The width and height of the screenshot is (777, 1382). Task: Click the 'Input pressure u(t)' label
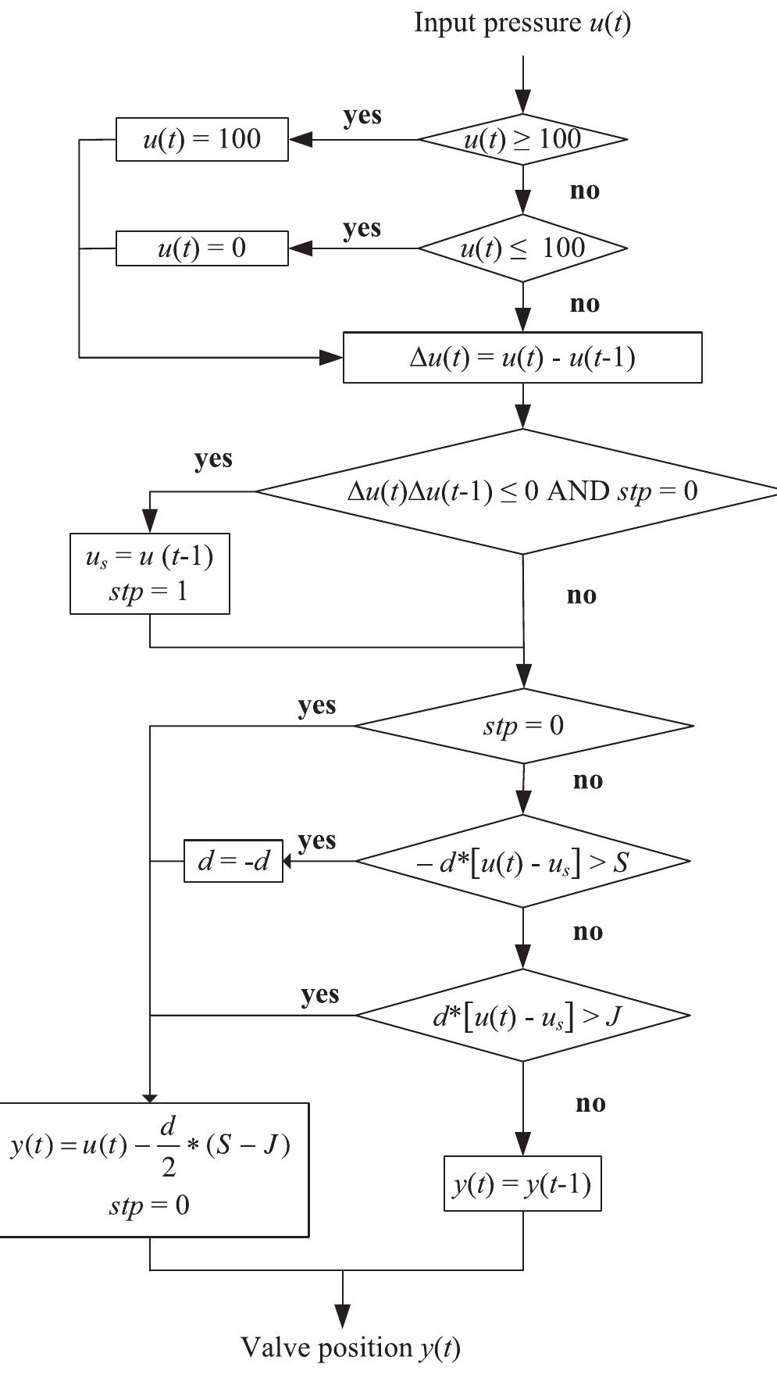pyautogui.click(x=522, y=23)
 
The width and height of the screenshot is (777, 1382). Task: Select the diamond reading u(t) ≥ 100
pyautogui.click(x=522, y=140)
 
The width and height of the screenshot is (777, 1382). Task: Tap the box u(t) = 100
pyautogui.click(x=201, y=139)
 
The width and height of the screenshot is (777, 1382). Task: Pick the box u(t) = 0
pyautogui.click(x=201, y=248)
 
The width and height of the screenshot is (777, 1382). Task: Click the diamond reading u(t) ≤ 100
pyautogui.click(x=522, y=248)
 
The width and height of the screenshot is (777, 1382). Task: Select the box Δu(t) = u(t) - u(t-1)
pyautogui.click(x=522, y=358)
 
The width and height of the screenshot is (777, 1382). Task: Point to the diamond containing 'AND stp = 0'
pyautogui.click(x=522, y=491)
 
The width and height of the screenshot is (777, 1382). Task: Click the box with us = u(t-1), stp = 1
pyautogui.click(x=150, y=574)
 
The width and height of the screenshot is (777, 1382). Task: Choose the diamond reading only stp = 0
pyautogui.click(x=522, y=726)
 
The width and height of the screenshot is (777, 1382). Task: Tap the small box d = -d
pyautogui.click(x=233, y=861)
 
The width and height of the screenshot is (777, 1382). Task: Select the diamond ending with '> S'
pyautogui.click(x=522, y=861)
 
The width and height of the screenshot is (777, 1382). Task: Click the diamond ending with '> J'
pyautogui.click(x=522, y=1016)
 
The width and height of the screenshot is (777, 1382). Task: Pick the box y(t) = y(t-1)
pyautogui.click(x=522, y=1184)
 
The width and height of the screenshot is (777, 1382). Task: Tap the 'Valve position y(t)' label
pyautogui.click(x=350, y=1348)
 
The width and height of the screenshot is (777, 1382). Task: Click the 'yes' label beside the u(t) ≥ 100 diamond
pyautogui.click(x=362, y=116)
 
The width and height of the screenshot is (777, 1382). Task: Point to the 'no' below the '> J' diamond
pyautogui.click(x=590, y=1103)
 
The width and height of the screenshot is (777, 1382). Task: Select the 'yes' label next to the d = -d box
pyautogui.click(x=316, y=841)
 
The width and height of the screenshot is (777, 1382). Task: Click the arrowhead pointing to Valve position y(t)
pyautogui.click(x=342, y=1316)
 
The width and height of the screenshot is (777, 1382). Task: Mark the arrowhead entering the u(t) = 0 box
pyautogui.click(x=300, y=248)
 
